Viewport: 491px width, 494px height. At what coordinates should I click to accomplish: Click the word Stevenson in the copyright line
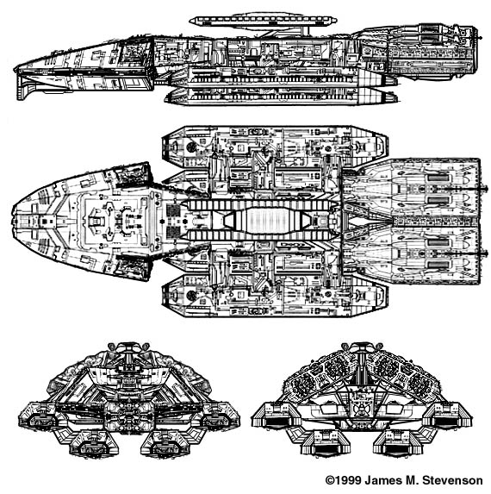point(452,480)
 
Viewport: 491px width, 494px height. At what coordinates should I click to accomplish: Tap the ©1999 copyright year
point(344,480)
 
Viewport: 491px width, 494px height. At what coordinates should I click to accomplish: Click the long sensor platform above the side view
point(263,21)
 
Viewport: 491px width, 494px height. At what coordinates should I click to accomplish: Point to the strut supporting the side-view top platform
point(305,31)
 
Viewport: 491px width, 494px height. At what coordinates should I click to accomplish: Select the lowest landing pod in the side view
point(280,96)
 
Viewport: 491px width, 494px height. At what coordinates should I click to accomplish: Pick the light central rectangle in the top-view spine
point(268,220)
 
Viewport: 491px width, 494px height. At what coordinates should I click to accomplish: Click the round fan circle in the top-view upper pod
point(191,147)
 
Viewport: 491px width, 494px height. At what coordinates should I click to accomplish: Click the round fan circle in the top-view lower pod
point(191,295)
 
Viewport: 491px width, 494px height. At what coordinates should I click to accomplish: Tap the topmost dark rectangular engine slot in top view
point(438,178)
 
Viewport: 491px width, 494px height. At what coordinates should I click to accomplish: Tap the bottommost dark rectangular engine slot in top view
point(438,265)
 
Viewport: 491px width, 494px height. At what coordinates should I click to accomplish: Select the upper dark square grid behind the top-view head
point(173,209)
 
